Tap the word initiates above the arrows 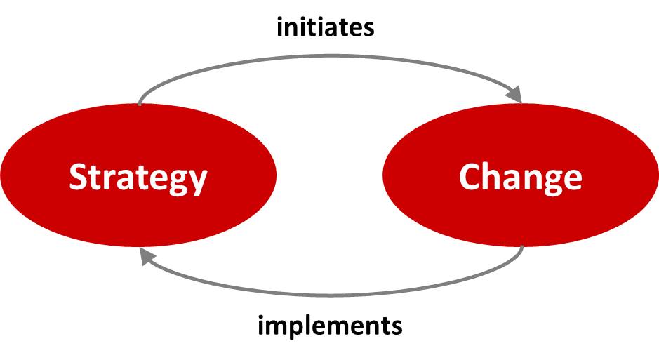[326, 27]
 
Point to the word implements [330, 327]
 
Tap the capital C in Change [470, 177]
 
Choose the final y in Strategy [197, 182]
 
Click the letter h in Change [494, 176]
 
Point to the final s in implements [397, 328]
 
